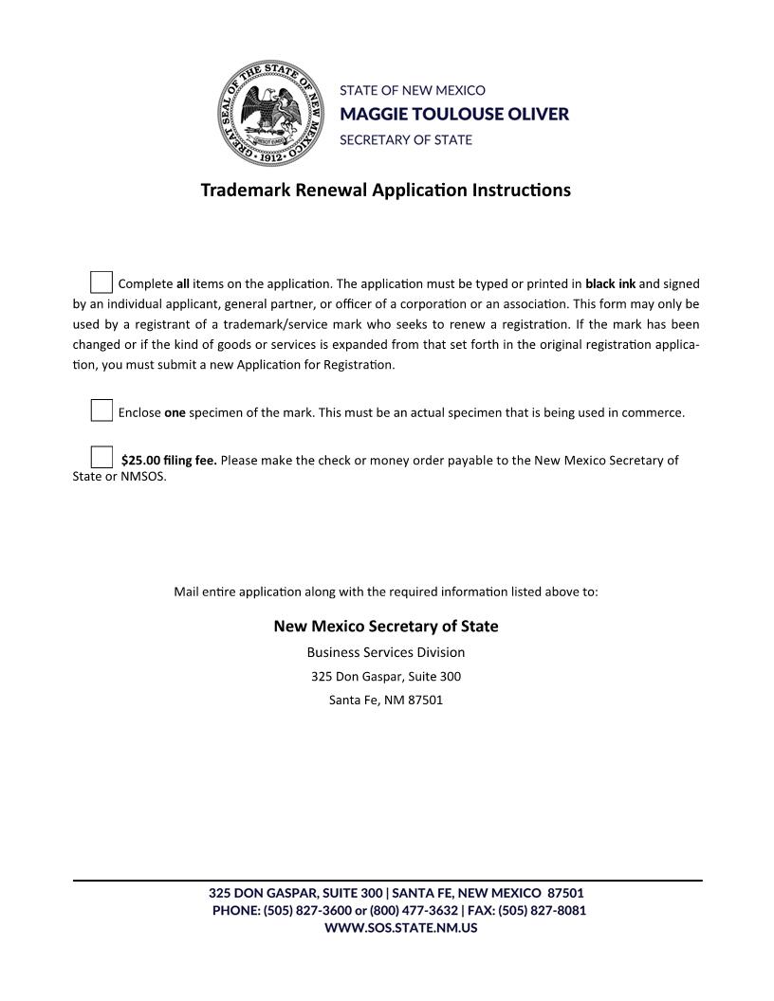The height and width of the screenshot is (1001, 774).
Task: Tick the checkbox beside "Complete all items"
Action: (x=101, y=282)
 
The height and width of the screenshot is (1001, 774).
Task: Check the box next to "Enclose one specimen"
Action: (x=101, y=410)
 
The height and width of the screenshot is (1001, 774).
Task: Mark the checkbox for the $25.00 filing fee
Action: (x=101, y=457)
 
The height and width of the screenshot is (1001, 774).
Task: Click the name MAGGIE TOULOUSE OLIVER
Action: (x=454, y=114)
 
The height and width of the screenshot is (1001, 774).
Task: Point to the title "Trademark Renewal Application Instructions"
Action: (x=386, y=190)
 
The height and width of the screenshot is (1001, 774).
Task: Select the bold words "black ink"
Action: (x=610, y=283)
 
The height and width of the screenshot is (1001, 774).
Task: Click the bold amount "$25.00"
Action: (x=140, y=461)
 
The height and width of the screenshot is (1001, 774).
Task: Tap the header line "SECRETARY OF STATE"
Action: (x=405, y=139)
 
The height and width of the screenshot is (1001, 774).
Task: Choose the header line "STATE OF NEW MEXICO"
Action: (x=413, y=90)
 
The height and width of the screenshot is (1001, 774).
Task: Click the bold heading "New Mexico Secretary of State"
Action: (x=386, y=627)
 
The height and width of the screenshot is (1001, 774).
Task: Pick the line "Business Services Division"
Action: (x=386, y=652)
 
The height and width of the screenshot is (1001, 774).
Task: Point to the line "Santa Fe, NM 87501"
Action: (x=386, y=701)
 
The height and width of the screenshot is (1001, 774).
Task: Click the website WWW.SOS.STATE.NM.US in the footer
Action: (x=400, y=928)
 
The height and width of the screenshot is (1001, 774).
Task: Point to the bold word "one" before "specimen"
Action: (x=175, y=413)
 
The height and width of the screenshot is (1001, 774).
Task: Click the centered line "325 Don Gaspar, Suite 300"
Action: (x=386, y=677)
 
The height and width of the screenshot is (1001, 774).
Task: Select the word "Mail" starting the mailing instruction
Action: (x=186, y=591)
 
